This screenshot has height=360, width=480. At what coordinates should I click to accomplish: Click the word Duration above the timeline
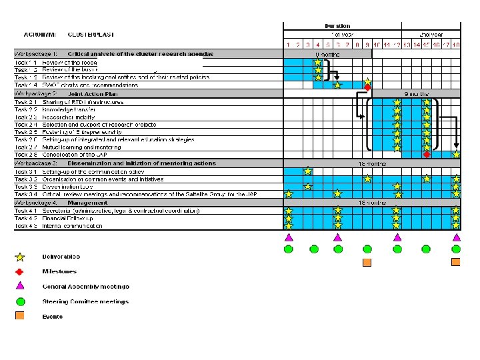point(337,26)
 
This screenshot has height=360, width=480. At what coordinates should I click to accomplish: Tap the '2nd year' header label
point(431,34)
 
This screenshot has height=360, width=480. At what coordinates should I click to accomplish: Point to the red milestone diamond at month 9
point(367,87)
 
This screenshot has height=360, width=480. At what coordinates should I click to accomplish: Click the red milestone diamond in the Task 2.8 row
point(427,154)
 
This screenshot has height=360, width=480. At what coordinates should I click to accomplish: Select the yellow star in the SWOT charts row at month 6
point(337,85)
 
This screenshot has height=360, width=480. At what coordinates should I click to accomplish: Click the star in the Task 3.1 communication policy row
point(307,171)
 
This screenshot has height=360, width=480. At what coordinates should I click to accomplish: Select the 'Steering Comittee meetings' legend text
point(85,301)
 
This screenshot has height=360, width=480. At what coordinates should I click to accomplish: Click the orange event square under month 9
point(367,262)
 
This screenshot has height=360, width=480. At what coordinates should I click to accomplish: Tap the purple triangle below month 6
point(337,237)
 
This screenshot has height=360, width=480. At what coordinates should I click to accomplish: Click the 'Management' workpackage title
point(87,202)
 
